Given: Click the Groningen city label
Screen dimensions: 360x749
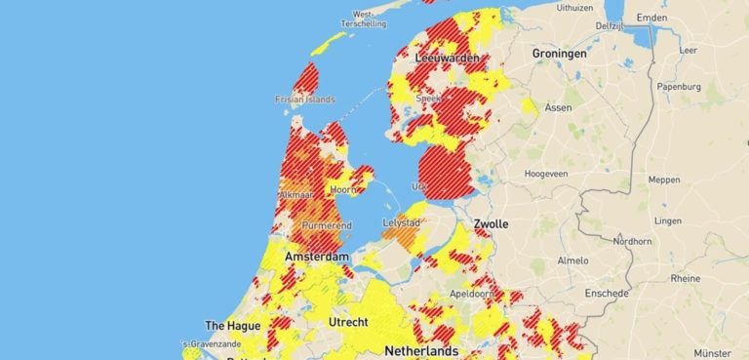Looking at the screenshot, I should [x=559, y=54].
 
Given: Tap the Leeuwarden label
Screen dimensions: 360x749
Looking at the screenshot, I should [x=448, y=60].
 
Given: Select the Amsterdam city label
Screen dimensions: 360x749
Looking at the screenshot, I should [x=316, y=257].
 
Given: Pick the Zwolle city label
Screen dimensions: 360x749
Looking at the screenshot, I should [x=491, y=224].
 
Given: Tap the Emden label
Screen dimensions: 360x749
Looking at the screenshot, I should [x=651, y=19].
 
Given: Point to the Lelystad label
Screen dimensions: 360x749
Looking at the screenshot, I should [x=401, y=223].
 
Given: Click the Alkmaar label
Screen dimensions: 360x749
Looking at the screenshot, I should [x=296, y=195].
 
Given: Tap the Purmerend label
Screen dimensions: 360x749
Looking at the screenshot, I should [x=327, y=226].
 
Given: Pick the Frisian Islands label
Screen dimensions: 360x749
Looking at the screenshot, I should [x=305, y=100].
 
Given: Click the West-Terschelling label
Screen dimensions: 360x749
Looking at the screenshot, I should [x=364, y=20].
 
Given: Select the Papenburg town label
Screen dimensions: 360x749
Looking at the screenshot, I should [x=679, y=86].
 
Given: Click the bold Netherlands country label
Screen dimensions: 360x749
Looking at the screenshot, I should [x=421, y=350].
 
